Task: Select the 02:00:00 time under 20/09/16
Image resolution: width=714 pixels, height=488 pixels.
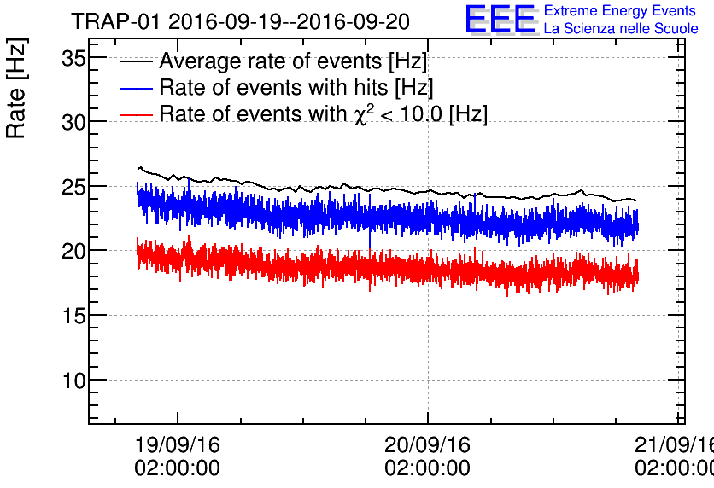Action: point(427,468)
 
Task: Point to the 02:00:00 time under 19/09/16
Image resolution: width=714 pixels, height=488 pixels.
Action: point(177,468)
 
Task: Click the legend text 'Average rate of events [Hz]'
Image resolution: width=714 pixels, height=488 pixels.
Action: point(293,62)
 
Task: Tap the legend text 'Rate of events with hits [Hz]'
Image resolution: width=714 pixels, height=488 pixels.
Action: point(296,88)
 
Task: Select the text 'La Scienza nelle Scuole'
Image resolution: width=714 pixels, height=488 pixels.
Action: point(621,29)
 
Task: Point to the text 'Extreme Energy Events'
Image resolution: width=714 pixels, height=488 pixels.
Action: point(619,11)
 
